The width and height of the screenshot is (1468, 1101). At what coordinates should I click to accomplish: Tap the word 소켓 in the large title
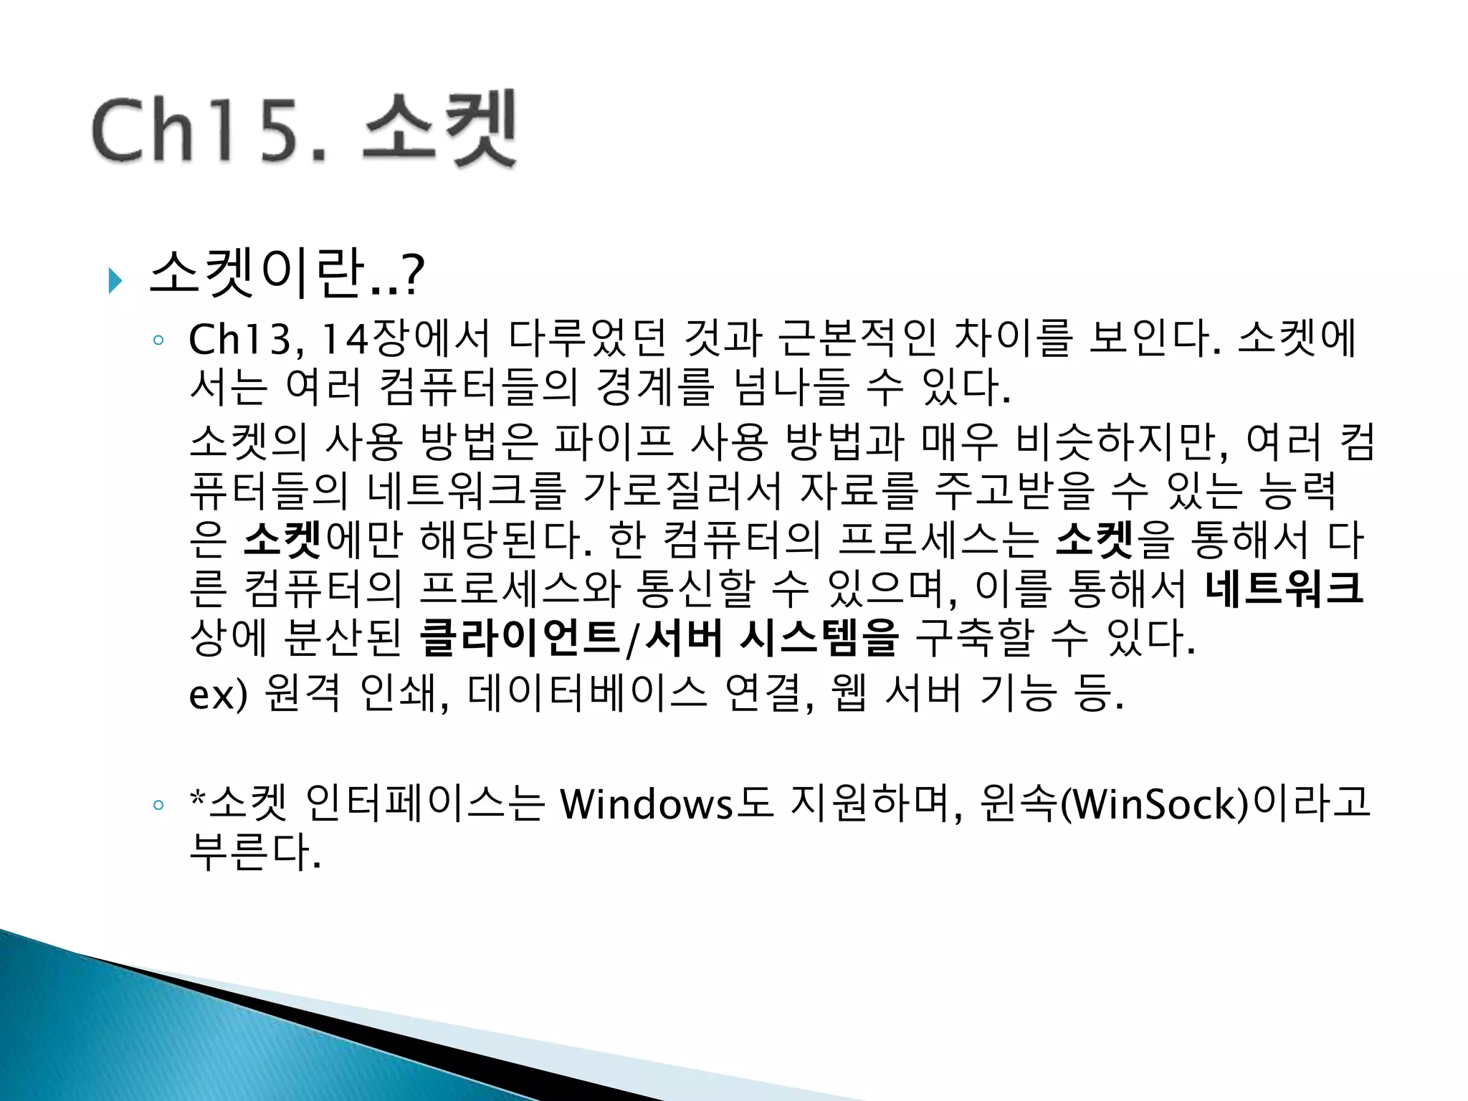pyautogui.click(x=439, y=129)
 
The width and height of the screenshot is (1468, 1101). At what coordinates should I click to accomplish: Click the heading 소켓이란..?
pyautogui.click(x=287, y=274)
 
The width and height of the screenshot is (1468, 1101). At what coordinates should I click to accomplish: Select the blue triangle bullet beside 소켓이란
pyautogui.click(x=115, y=280)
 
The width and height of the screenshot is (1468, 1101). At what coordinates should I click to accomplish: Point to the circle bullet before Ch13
pyautogui.click(x=158, y=340)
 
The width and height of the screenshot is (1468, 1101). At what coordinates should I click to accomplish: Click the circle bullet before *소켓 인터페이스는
pyautogui.click(x=158, y=805)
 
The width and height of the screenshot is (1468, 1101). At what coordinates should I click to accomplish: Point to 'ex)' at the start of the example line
pyautogui.click(x=218, y=694)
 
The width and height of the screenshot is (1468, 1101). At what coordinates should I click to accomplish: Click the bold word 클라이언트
pyautogui.click(x=520, y=638)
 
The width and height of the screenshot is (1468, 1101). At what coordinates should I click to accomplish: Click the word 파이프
pyautogui.click(x=614, y=442)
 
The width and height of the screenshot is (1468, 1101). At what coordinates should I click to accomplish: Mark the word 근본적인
pyautogui.click(x=857, y=340)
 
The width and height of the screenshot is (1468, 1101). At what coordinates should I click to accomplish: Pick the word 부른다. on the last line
pyautogui.click(x=254, y=853)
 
